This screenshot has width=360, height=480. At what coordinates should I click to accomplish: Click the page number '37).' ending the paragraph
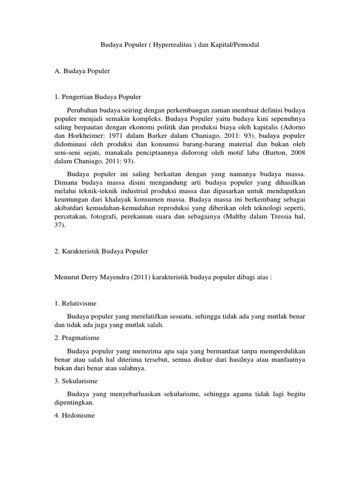60,225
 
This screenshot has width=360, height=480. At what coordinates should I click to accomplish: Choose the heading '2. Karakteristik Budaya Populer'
101,251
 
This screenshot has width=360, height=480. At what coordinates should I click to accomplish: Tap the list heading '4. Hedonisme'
75,414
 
